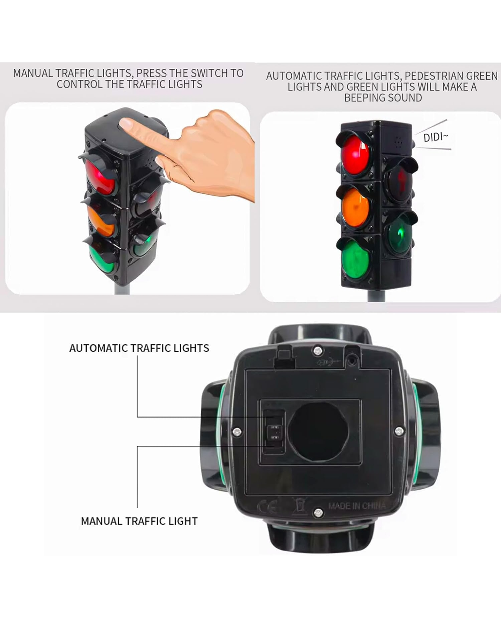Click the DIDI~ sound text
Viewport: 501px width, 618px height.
pos(436,137)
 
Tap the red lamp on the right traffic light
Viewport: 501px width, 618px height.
pos(355,155)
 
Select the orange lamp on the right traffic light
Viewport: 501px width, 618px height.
pos(355,208)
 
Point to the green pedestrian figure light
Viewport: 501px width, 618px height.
pos(400,233)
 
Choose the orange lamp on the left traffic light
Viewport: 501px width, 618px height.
pos(101,221)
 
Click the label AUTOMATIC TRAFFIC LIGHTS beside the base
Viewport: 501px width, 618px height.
pos(139,348)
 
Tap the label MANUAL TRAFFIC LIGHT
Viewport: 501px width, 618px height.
pos(139,521)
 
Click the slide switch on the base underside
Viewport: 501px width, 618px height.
pos(274,432)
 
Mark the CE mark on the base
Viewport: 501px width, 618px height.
pos(268,507)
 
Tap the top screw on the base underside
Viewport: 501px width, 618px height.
pos(318,351)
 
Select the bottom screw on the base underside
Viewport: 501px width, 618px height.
pos(318,512)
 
